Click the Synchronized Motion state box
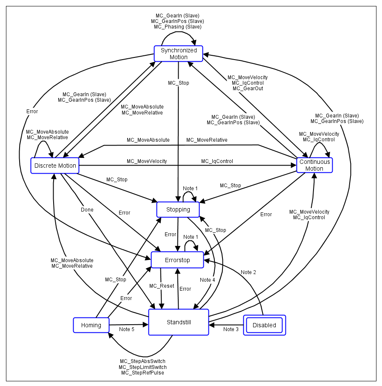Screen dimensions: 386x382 point(178,54)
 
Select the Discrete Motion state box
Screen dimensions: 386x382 point(55,166)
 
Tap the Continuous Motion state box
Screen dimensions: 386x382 point(314,165)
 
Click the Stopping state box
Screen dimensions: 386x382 point(178,209)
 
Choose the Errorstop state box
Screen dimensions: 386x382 point(177,260)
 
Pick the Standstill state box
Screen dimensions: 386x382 point(179,322)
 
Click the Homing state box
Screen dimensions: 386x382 point(91,325)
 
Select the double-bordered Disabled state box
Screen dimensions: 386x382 point(264,325)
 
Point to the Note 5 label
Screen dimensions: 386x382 point(127,329)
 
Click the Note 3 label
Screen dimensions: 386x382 point(231,329)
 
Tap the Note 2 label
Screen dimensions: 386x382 point(248,272)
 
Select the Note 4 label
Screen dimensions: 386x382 point(208,280)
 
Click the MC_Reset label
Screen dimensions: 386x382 point(162,286)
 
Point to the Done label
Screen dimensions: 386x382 point(87,209)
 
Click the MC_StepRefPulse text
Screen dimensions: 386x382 point(143,373)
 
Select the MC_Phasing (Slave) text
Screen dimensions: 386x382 point(177,27)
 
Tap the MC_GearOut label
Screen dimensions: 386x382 point(248,89)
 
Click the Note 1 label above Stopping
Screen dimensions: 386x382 point(191,188)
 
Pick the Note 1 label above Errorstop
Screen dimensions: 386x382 point(191,237)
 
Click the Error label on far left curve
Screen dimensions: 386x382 point(32,112)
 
